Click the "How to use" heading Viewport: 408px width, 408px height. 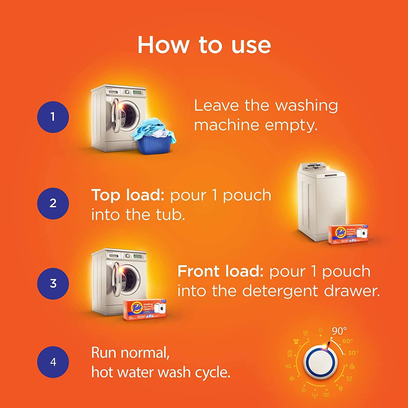pyautogui.click(x=204, y=45)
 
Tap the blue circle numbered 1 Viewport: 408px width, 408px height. pyautogui.click(x=53, y=117)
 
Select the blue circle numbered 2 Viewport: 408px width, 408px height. pyautogui.click(x=53, y=203)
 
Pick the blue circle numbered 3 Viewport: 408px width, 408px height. pyautogui.click(x=53, y=283)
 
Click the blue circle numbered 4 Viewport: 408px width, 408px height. pyautogui.click(x=53, y=362)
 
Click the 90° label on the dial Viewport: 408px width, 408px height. pyautogui.click(x=339, y=331)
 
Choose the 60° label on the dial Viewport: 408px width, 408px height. pyautogui.click(x=348, y=341)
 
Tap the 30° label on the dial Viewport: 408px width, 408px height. pyautogui.click(x=353, y=353)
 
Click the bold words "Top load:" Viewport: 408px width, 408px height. pyautogui.click(x=128, y=195)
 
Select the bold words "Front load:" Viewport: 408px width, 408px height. pyautogui.click(x=220, y=271)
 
